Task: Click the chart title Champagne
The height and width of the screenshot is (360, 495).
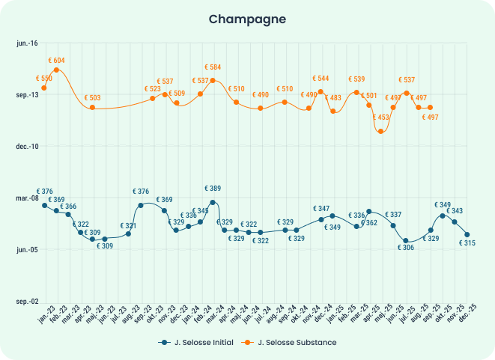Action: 247,18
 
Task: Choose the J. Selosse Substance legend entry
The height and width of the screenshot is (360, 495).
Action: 291,342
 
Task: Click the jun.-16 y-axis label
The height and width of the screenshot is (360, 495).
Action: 27,44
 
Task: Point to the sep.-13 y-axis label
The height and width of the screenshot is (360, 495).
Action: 27,95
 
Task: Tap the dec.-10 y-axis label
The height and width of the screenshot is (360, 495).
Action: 27,146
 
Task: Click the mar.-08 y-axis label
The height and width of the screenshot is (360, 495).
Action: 27,198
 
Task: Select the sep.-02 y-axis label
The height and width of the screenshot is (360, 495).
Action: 27,301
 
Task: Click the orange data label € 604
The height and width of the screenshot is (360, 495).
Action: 56,60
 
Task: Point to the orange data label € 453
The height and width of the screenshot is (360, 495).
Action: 381,118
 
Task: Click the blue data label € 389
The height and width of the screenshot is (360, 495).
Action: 213,188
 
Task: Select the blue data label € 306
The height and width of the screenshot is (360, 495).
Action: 405,248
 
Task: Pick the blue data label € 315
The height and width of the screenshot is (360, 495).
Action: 468,242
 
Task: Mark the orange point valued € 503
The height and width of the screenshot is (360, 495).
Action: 92,108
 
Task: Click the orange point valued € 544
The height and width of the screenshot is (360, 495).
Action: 321,92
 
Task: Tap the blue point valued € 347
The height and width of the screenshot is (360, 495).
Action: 321,219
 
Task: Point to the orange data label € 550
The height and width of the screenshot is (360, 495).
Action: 44,79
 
